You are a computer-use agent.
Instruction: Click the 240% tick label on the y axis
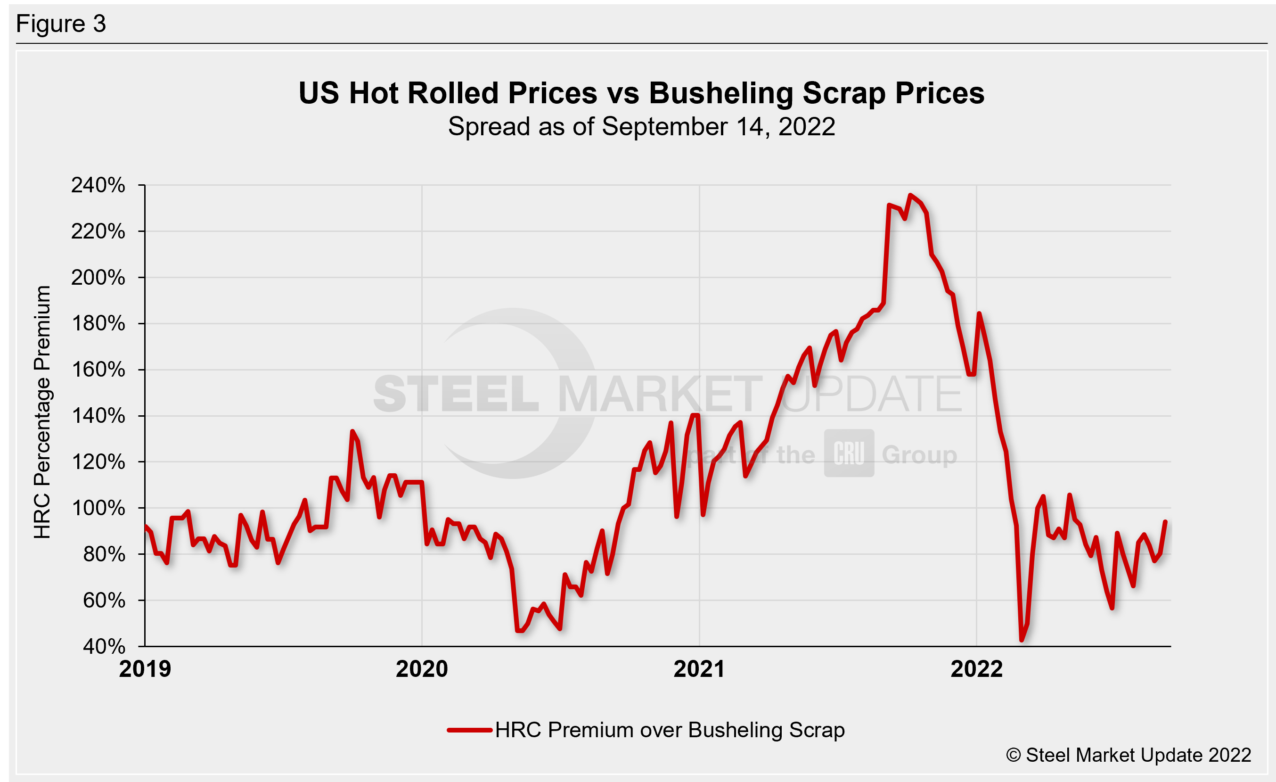tap(98, 185)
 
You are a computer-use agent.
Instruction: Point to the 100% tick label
tap(98, 508)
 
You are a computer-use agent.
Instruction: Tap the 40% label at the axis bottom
tap(104, 646)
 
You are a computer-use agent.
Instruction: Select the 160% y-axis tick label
tap(98, 370)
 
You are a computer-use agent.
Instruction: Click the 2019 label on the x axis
tap(145, 669)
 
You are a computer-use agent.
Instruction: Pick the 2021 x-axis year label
tap(699, 669)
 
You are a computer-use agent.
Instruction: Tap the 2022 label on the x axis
tap(977, 669)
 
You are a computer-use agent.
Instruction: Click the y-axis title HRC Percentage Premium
tap(42, 412)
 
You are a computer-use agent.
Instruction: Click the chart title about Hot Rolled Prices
tap(641, 93)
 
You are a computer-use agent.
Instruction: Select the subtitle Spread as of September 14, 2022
tap(641, 127)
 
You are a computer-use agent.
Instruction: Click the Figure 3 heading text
tap(61, 24)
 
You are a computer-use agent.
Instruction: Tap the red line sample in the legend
tap(469, 730)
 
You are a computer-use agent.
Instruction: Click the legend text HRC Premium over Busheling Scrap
tap(670, 730)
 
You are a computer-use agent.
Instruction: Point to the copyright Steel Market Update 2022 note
tap(1129, 755)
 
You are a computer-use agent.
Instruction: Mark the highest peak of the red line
tap(910, 195)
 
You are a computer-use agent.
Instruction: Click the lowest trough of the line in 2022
tap(1021, 640)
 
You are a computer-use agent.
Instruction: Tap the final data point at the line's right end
tap(1165, 521)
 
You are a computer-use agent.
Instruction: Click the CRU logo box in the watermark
tap(849, 453)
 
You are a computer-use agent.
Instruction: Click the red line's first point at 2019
tap(146, 527)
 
